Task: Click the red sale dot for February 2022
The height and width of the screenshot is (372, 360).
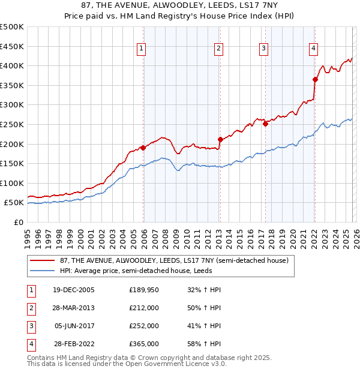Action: coord(315,79)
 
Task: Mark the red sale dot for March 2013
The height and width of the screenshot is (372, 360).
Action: coord(220,139)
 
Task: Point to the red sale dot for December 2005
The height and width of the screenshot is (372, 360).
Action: coord(143,148)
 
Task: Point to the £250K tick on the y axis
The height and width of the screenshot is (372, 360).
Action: coord(12,124)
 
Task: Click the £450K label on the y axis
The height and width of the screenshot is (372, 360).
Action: coord(12,46)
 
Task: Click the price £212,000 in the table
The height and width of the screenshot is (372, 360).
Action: coord(144,308)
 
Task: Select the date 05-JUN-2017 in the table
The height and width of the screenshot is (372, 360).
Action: coord(74,326)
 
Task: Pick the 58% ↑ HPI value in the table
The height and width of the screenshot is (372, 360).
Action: coord(204,344)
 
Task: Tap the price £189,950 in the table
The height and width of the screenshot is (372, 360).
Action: coord(144,290)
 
